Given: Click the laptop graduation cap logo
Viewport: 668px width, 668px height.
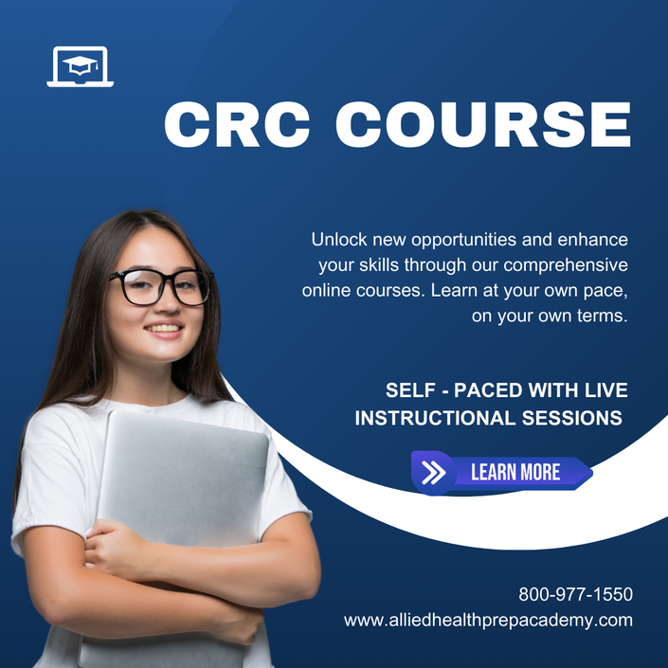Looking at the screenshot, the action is click(x=81, y=66).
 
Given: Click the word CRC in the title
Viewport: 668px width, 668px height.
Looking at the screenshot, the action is click(x=237, y=124).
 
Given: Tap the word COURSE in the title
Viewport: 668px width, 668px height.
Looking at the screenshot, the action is click(x=483, y=124).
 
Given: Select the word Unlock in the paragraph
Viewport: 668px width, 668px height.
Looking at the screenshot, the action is click(x=339, y=240).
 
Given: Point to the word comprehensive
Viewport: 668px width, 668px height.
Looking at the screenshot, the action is click(x=566, y=265).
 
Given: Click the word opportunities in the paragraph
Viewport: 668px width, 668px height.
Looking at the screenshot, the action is click(x=464, y=241).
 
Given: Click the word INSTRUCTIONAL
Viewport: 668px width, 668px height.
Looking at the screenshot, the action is click(x=435, y=418).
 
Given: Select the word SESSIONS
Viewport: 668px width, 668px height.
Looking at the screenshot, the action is click(x=572, y=418).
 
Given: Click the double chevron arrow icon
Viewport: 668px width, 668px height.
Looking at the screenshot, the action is click(x=433, y=473).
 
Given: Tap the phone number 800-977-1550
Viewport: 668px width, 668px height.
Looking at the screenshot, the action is click(x=575, y=594).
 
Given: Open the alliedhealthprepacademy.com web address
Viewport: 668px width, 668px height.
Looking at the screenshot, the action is click(x=488, y=621).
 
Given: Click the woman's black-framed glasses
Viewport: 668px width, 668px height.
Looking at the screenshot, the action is click(x=161, y=287).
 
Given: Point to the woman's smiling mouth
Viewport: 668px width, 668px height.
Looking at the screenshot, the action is click(x=164, y=330).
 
